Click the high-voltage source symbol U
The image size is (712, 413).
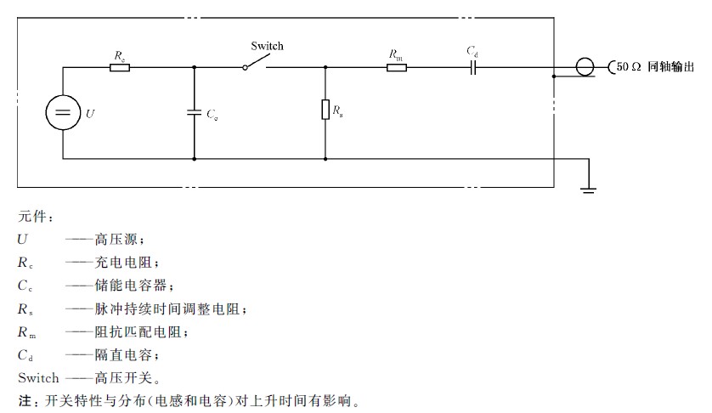point(63,112)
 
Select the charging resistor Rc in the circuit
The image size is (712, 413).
point(120,66)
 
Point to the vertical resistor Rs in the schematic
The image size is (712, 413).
point(325,110)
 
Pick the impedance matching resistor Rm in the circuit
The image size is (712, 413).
point(396,66)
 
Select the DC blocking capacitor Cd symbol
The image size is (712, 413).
point(472,66)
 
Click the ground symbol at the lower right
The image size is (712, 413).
point(588,186)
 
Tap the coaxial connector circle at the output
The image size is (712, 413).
point(583,66)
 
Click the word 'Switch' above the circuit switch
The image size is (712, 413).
point(267,46)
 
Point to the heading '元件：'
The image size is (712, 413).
point(36,218)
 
